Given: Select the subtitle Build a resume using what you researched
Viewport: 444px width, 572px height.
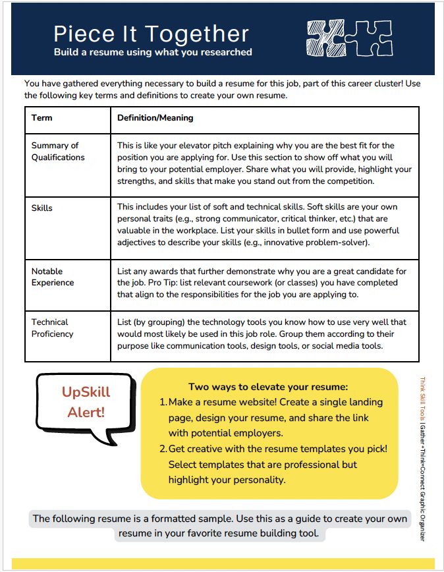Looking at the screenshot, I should click(x=153, y=52).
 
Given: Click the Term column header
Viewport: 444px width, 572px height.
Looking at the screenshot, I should click(x=42, y=118).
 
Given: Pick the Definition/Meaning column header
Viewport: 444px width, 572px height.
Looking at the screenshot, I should click(x=155, y=118).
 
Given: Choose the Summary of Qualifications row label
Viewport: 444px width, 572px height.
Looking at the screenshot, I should click(x=58, y=152).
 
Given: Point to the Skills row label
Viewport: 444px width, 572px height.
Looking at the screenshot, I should click(x=42, y=208).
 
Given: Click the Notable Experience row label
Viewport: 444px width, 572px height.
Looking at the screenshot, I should click(x=53, y=277).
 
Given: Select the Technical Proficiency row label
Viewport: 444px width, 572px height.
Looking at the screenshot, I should click(x=53, y=328).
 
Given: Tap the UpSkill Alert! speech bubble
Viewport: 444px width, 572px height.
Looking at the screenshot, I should click(x=86, y=403).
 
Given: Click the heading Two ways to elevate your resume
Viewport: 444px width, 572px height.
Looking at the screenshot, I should click(x=268, y=387).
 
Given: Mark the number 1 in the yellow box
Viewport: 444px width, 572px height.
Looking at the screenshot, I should click(x=163, y=402).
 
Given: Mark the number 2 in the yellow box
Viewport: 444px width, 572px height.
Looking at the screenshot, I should click(x=163, y=449).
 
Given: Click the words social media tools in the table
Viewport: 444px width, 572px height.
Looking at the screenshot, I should click(x=343, y=345).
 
